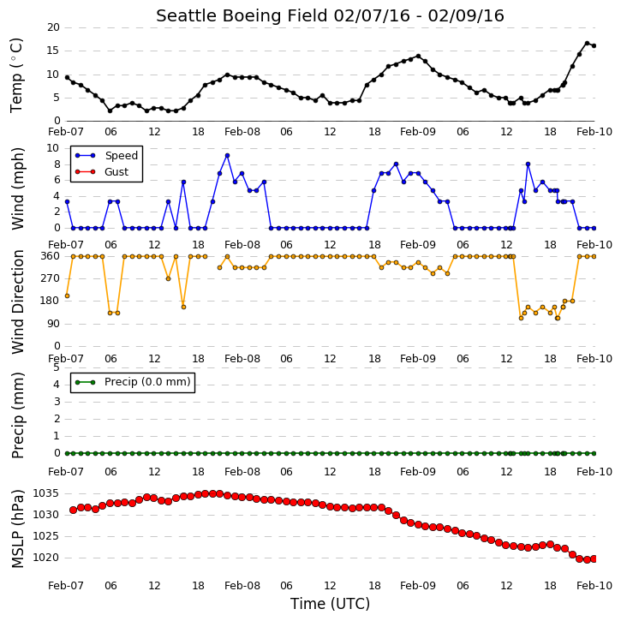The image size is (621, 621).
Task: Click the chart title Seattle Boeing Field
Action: [242, 16]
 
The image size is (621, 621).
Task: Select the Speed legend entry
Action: [106, 156]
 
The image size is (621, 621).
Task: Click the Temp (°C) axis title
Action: [16, 75]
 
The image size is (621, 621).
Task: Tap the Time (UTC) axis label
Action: [330, 604]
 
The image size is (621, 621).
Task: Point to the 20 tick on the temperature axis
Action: [53, 27]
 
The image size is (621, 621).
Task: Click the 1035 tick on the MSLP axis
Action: [46, 493]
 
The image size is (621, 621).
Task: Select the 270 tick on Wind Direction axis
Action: [51, 278]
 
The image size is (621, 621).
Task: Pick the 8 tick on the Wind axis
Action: [57, 164]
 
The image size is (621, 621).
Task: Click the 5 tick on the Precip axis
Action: [57, 367]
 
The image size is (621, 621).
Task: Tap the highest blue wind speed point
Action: [227, 156]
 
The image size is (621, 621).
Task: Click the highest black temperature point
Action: [587, 44]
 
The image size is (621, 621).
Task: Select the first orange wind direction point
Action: [67, 296]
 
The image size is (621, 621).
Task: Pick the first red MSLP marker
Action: [74, 511]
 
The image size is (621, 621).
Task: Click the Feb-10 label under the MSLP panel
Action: [594, 586]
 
